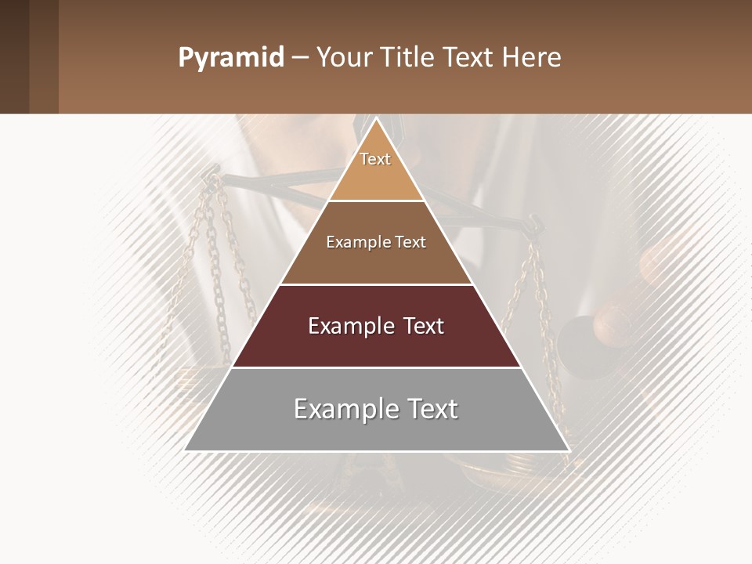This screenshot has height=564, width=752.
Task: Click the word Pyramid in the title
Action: [x=231, y=58]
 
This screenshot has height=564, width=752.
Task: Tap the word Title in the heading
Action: [x=409, y=58]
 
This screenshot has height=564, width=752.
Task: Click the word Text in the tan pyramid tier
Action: [x=375, y=159]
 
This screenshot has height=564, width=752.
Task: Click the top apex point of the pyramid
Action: [x=376, y=118]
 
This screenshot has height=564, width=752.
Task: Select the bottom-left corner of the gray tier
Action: [x=186, y=450]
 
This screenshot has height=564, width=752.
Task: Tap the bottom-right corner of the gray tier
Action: [x=568, y=450]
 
